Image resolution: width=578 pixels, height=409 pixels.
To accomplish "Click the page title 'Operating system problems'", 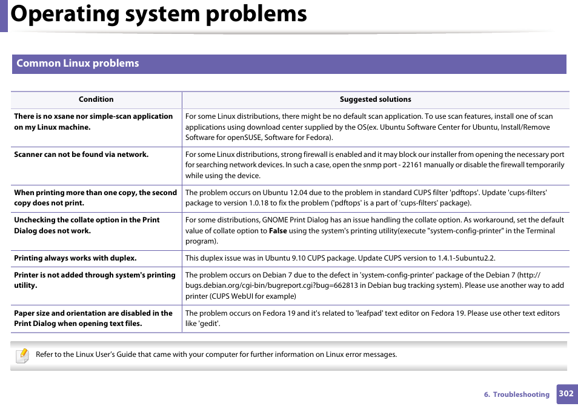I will coord(159,15).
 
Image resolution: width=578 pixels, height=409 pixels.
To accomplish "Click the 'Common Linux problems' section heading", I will coord(78,64).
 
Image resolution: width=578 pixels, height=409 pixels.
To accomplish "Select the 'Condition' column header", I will coord(96,99).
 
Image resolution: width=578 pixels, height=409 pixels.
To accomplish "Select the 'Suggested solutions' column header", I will coord(375,99).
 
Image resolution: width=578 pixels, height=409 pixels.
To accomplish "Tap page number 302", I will coord(566,393).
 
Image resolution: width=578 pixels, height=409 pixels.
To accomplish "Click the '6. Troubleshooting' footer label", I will coord(516,394).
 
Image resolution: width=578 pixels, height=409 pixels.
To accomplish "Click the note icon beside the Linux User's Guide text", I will coord(22,356).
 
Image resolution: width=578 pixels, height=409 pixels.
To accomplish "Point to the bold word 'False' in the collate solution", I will coord(277,231).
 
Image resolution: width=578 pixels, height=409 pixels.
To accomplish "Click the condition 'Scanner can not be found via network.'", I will coord(81,155).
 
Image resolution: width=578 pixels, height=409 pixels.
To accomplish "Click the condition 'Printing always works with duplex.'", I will coord(75,258).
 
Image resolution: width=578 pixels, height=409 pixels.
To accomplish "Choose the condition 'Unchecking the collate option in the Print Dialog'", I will coord(87,225).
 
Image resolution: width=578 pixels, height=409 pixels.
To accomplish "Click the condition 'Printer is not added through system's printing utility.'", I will coord(95,280).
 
